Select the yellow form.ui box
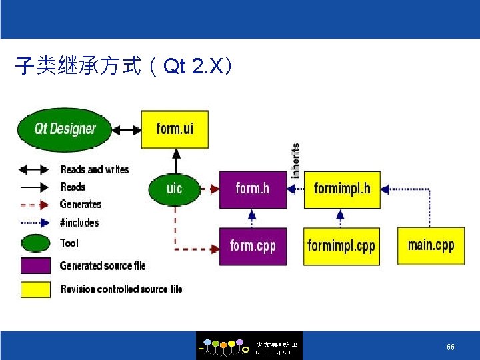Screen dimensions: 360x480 point(175,128)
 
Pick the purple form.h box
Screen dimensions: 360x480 point(253,189)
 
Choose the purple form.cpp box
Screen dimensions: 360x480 point(253,246)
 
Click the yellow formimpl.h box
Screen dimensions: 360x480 point(342,189)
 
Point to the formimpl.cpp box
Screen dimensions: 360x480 point(341,246)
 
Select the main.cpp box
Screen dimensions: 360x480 point(431,245)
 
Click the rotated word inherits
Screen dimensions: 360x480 point(295,160)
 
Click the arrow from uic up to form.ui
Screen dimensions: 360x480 point(175,161)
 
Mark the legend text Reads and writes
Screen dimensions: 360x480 point(95,169)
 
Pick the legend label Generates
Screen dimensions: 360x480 point(81,205)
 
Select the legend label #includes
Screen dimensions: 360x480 point(79,223)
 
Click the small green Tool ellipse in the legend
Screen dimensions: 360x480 point(35,243)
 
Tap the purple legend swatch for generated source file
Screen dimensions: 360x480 point(35,266)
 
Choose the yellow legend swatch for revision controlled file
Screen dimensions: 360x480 point(35,289)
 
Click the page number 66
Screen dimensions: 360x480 point(451,347)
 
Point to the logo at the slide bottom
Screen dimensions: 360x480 point(249,346)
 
